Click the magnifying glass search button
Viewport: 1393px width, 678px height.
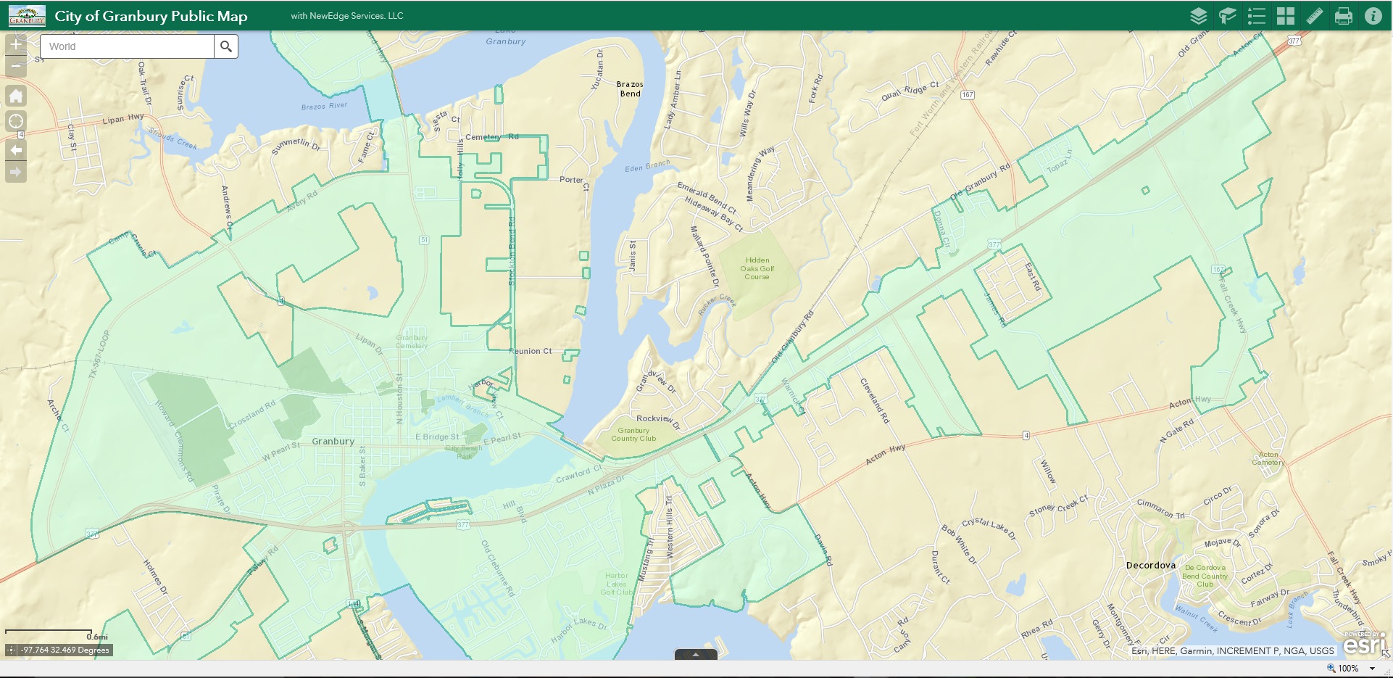[226, 46]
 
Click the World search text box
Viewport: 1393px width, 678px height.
[128, 46]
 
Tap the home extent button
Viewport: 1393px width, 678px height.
[16, 96]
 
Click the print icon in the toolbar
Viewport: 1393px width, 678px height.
[1343, 16]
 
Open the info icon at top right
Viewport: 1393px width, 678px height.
[1373, 16]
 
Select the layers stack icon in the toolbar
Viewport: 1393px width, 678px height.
[1198, 16]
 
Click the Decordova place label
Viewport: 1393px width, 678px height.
[1150, 565]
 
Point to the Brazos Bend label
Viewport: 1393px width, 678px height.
[630, 88]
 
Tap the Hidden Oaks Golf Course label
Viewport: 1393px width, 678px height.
[757, 268]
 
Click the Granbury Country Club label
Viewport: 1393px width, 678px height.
[633, 434]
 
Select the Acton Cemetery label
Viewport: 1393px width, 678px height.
[1268, 458]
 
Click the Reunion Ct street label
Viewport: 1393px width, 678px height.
[531, 351]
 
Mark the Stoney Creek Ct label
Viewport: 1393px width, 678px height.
[1058, 505]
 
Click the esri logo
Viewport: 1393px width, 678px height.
[1365, 643]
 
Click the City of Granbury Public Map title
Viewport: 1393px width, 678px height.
[151, 16]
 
